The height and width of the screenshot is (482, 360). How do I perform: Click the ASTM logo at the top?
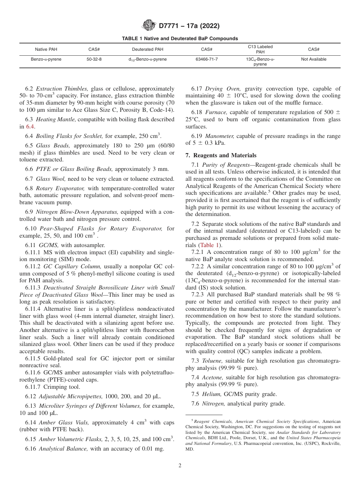pos(149,26)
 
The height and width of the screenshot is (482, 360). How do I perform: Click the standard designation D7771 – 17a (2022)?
pos(189,26)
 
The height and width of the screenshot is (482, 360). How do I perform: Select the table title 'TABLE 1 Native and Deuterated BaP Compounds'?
pos(180,39)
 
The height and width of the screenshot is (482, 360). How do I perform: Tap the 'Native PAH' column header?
pos(46,50)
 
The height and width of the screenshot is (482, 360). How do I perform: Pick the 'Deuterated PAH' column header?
pos(147,50)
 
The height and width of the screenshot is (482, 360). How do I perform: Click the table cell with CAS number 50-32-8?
pos(94,59)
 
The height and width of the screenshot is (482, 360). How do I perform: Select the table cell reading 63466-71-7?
pos(207,59)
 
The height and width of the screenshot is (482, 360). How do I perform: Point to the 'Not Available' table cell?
pos(313,59)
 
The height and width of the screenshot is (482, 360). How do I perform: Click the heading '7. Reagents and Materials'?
pos(221,155)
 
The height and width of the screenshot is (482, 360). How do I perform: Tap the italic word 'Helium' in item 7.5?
pos(210,394)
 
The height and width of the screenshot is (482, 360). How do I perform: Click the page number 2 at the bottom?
pos(180,466)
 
